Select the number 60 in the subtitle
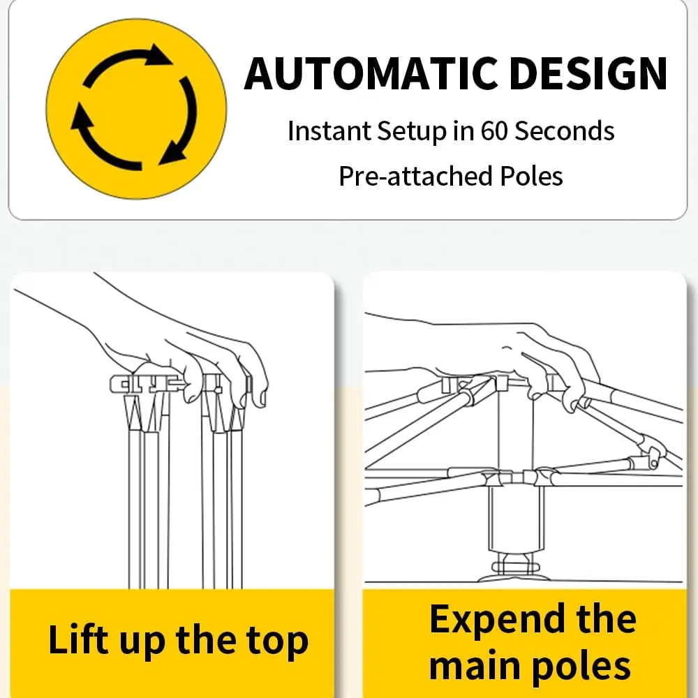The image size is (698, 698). click(493, 131)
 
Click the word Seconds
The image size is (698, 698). click(564, 131)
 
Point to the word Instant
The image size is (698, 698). click(329, 131)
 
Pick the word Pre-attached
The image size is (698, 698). click(415, 176)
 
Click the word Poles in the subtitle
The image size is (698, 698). click(531, 176)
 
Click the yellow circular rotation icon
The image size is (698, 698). click(136, 109)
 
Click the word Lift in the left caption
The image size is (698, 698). click(78, 639)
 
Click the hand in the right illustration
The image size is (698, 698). click(503, 361)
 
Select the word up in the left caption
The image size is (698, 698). click(142, 644)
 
